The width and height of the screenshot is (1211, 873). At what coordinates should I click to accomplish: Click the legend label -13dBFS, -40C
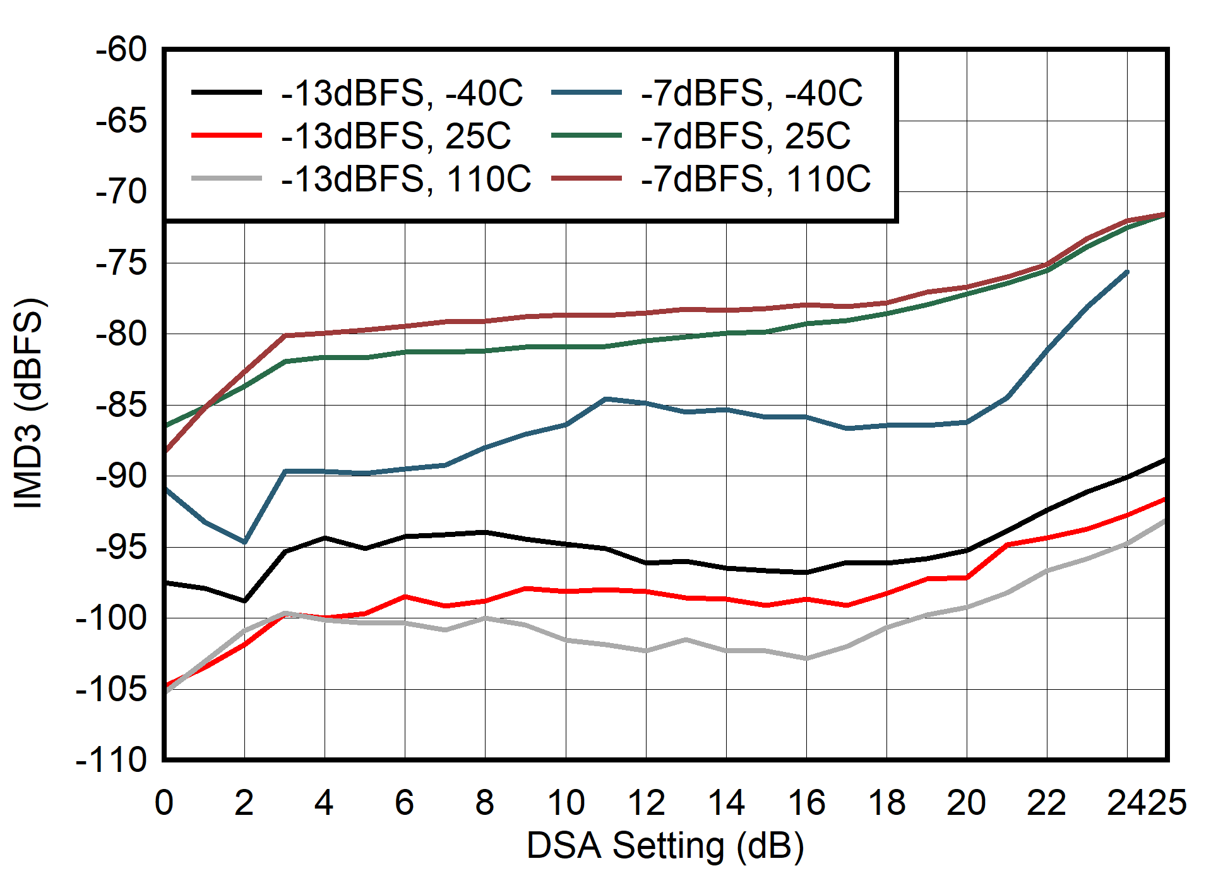[402, 93]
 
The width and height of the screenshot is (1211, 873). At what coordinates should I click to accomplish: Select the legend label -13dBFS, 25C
[396, 136]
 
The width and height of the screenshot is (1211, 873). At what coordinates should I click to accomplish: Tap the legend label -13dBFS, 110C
[406, 179]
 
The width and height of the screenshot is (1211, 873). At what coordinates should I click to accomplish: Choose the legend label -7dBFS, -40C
[751, 93]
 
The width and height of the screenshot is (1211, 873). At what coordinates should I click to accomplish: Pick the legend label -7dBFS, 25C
[746, 136]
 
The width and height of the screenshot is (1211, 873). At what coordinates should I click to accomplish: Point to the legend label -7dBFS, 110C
[756, 179]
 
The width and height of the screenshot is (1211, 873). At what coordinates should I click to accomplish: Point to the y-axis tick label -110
[111, 760]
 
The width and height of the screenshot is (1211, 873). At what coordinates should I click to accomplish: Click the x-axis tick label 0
[164, 803]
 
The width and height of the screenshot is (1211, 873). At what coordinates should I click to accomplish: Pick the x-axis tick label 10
[566, 803]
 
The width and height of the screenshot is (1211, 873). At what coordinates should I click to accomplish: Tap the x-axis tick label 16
[807, 803]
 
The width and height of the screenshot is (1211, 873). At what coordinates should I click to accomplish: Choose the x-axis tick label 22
[1047, 803]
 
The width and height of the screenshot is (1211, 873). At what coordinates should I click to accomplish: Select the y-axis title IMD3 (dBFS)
[28, 402]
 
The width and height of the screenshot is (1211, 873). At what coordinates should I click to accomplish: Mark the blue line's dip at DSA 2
[244, 542]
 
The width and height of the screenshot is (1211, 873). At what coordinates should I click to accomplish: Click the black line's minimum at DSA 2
[244, 601]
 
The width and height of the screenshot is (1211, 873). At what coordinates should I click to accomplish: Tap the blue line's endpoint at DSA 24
[1127, 272]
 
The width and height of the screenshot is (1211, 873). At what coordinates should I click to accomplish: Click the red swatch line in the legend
[226, 136]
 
